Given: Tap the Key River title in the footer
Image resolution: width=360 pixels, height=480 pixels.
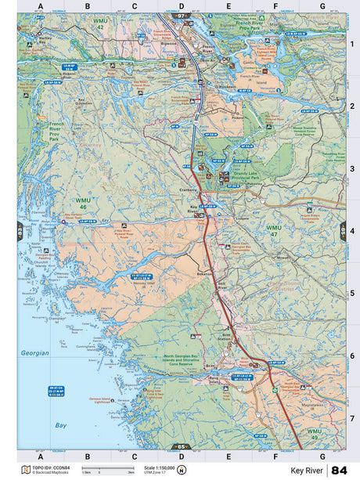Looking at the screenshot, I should [308, 471].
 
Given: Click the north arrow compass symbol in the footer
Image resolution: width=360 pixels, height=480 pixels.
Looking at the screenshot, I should [182, 471].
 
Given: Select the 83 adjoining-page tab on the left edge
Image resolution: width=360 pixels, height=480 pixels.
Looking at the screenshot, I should [20, 231].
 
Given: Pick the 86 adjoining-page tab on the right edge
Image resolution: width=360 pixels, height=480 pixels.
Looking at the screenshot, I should [343, 231].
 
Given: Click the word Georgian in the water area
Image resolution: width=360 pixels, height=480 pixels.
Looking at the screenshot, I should [35, 353].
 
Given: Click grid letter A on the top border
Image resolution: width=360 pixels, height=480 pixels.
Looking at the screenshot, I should [40, 6].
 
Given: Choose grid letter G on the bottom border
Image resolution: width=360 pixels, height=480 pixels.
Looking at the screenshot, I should [322, 455].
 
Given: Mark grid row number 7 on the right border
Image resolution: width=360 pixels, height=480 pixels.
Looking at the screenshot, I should [352, 418].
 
